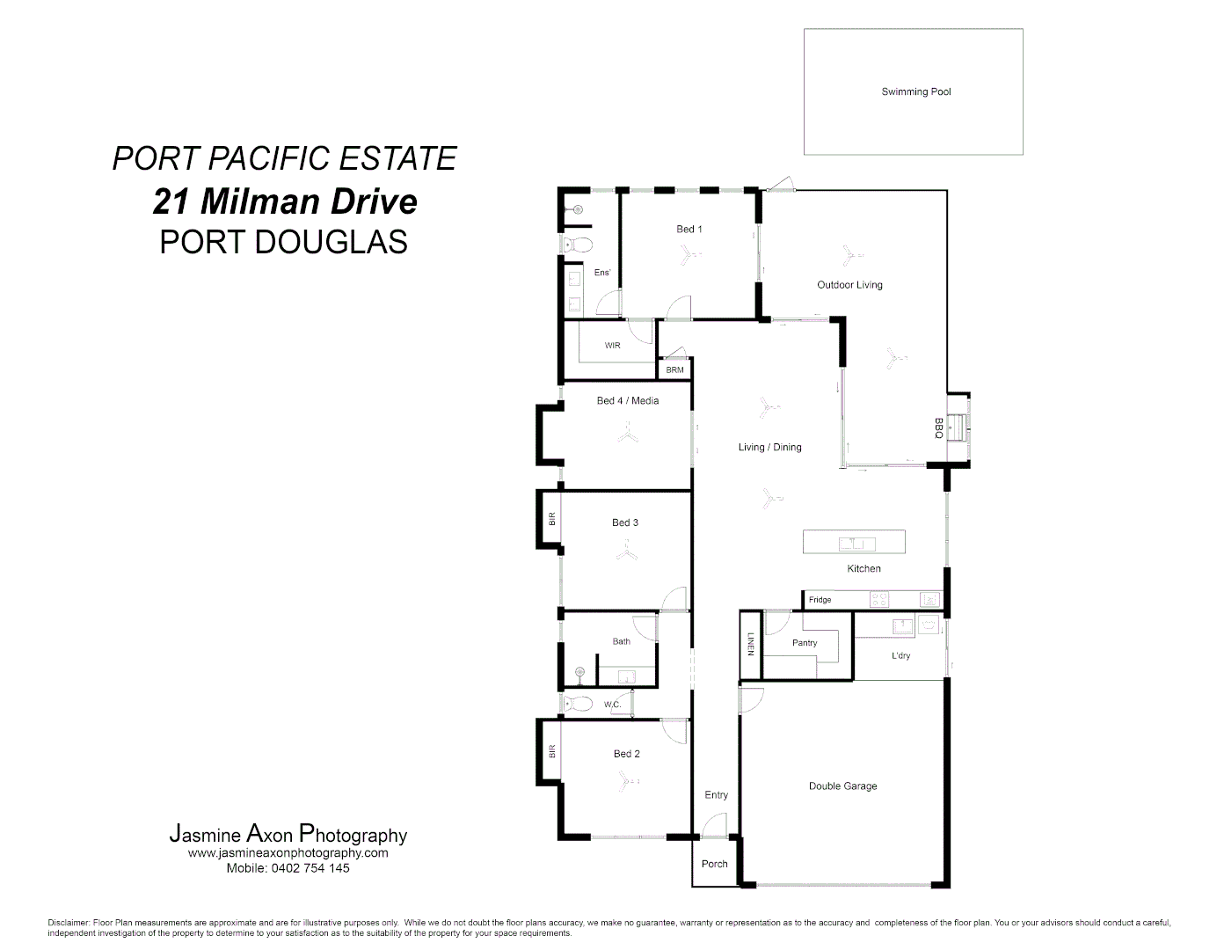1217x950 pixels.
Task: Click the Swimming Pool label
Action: pyautogui.click(x=915, y=91)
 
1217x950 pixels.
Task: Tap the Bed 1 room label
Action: pyautogui.click(x=689, y=229)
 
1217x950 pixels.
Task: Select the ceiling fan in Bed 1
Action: pyautogui.click(x=687, y=255)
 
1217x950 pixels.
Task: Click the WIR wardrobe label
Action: pyautogui.click(x=612, y=346)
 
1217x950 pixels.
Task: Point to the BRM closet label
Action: pyautogui.click(x=674, y=370)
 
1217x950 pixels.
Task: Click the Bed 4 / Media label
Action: pyautogui.click(x=627, y=400)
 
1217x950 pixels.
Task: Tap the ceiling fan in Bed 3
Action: pyautogui.click(x=626, y=553)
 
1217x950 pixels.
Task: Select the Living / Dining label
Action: pyautogui.click(x=769, y=447)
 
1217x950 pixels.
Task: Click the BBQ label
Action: pyautogui.click(x=938, y=428)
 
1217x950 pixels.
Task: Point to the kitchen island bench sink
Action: pyautogui.click(x=852, y=542)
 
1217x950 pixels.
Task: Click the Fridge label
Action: pyautogui.click(x=820, y=600)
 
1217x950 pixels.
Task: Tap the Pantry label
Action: pyautogui.click(x=804, y=643)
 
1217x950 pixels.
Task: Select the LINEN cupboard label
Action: pyautogui.click(x=750, y=645)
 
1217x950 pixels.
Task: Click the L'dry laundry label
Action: pyautogui.click(x=900, y=655)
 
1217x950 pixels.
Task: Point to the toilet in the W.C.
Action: pyautogui.click(x=578, y=704)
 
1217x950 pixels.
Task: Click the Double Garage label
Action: pyautogui.click(x=842, y=786)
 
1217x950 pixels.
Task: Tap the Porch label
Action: pyautogui.click(x=714, y=864)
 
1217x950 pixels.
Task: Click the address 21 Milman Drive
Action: pyautogui.click(x=285, y=201)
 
